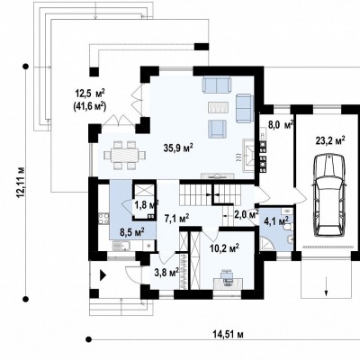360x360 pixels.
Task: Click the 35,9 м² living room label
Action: (178, 148)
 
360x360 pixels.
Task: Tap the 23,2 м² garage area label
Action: (330, 140)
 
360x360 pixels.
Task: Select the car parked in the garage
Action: (329, 196)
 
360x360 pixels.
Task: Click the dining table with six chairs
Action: (124, 155)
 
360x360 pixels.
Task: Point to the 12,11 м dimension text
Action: (22, 183)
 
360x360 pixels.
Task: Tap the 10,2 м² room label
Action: (224, 248)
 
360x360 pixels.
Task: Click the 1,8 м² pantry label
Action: (146, 205)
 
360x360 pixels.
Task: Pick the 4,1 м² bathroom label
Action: (277, 221)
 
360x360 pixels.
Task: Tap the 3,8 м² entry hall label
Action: (166, 273)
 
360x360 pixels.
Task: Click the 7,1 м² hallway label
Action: (176, 218)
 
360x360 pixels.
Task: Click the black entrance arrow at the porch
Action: (103, 275)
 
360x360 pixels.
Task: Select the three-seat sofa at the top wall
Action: (217, 85)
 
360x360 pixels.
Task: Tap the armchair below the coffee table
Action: (217, 129)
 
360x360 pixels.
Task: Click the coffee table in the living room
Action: (219, 107)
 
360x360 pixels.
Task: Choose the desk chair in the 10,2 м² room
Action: (227, 276)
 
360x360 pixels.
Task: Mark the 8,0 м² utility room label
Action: (281, 125)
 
